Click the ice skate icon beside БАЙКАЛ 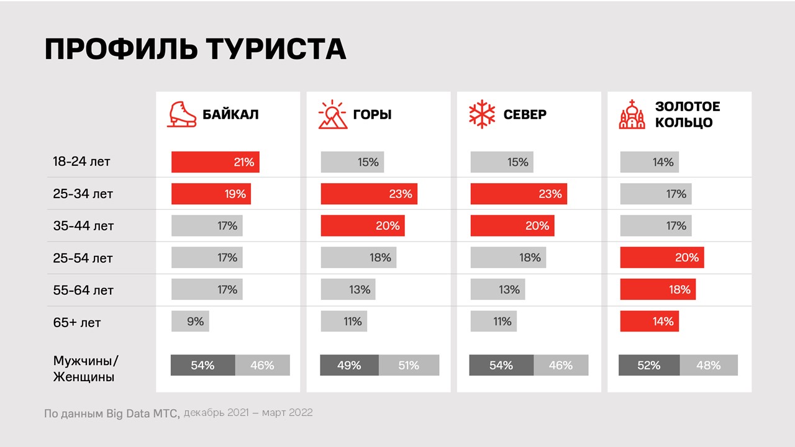pyautogui.click(x=181, y=115)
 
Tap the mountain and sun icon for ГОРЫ pyautogui.click(x=332, y=115)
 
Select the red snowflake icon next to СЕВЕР pyautogui.click(x=482, y=115)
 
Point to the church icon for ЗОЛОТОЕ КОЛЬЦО pyautogui.click(x=632, y=115)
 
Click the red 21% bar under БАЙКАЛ pyautogui.click(x=215, y=162)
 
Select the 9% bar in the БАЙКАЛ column pyautogui.click(x=191, y=322)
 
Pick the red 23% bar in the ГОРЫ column pyautogui.click(x=369, y=194)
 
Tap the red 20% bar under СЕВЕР pyautogui.click(x=512, y=226)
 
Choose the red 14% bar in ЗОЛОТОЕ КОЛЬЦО pyautogui.click(x=650, y=322)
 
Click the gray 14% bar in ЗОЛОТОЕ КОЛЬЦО pyautogui.click(x=650, y=162)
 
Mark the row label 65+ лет pyautogui.click(x=77, y=323)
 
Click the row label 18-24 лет pyautogui.click(x=81, y=162)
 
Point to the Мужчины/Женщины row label pyautogui.click(x=85, y=369)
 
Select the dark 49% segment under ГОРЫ pyautogui.click(x=349, y=366)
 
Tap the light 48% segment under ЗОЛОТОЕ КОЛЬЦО pyautogui.click(x=709, y=366)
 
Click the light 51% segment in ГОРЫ pyautogui.click(x=409, y=366)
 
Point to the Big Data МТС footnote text pyautogui.click(x=112, y=413)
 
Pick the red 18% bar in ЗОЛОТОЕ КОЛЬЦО pyautogui.click(x=658, y=289)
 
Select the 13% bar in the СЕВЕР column pyautogui.click(x=497, y=289)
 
